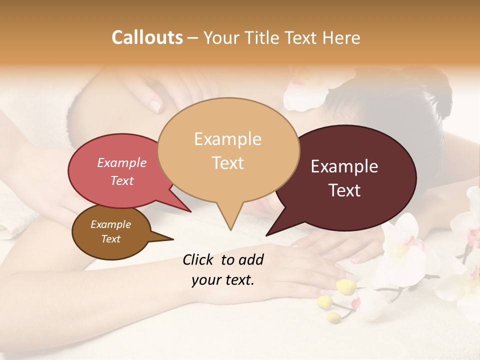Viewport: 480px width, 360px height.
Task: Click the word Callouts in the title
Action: pyautogui.click(x=147, y=38)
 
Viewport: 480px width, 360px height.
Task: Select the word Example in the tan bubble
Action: pyautogui.click(x=227, y=139)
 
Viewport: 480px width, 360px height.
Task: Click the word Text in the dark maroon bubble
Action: pyautogui.click(x=345, y=190)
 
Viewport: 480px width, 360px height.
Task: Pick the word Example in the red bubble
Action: pyautogui.click(x=121, y=163)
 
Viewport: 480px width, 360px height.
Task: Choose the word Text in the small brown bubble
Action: pyautogui.click(x=110, y=239)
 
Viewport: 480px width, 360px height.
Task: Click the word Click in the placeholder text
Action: pyautogui.click(x=198, y=259)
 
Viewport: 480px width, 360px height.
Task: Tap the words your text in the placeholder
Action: pyautogui.click(x=222, y=280)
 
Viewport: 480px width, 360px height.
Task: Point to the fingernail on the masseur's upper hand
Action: pyautogui.click(x=156, y=105)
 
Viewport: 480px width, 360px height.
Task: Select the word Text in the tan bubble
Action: pyautogui.click(x=228, y=163)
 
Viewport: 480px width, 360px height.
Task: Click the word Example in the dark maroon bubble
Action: pyautogui.click(x=344, y=166)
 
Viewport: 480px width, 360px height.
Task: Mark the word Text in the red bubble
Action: pyautogui.click(x=121, y=181)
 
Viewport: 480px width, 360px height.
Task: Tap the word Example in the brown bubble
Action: pyautogui.click(x=110, y=224)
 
